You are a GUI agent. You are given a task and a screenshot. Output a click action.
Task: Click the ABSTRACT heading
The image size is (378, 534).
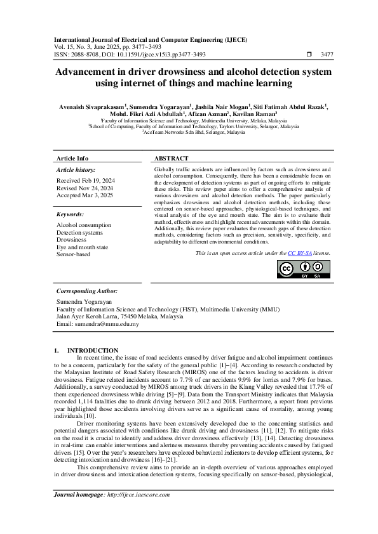click(172, 158)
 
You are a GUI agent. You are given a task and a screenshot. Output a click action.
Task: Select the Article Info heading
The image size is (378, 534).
click(73, 158)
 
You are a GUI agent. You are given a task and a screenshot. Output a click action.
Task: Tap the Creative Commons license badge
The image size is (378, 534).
click(304, 269)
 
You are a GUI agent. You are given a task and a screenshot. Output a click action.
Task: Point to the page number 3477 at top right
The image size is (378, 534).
click(327, 55)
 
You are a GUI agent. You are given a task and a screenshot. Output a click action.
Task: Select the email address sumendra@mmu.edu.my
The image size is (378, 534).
click(98, 324)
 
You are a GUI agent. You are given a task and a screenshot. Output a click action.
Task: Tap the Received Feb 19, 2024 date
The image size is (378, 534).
click(85, 180)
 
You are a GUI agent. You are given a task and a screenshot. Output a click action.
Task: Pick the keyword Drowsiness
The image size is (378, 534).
click(72, 240)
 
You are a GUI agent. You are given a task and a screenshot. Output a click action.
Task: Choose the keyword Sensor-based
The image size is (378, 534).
click(74, 254)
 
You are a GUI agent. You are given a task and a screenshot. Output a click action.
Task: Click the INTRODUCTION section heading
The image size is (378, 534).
click(93, 350)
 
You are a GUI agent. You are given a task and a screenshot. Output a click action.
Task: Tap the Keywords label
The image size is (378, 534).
click(71, 214)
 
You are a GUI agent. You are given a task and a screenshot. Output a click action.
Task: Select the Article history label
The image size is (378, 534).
click(76, 170)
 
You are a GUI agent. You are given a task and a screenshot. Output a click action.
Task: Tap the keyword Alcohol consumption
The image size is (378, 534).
click(84, 225)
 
